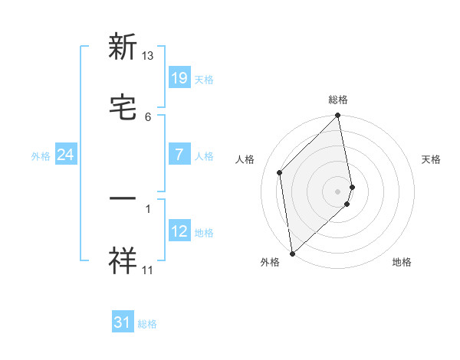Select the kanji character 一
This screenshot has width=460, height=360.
click(123, 199)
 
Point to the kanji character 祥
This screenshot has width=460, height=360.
click(123, 260)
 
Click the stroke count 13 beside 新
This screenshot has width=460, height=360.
click(148, 56)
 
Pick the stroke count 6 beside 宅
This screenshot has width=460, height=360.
click(148, 116)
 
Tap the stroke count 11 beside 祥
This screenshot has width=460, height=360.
click(148, 270)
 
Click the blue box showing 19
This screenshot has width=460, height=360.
click(179, 77)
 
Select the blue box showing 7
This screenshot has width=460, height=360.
click(179, 154)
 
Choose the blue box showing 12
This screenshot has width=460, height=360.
click(179, 231)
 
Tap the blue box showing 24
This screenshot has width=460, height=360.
click(66, 155)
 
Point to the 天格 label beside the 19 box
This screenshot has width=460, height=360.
click(204, 79)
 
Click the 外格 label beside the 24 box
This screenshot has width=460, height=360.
click(41, 156)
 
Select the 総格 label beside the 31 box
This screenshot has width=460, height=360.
click(147, 324)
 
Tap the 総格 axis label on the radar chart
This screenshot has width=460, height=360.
click(338, 100)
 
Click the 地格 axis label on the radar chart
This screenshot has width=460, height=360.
click(402, 263)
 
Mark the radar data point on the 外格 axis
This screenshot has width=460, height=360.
click(292, 253)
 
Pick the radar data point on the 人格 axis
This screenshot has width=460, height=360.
click(280, 172)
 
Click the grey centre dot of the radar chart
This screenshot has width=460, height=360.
click(338, 191)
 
